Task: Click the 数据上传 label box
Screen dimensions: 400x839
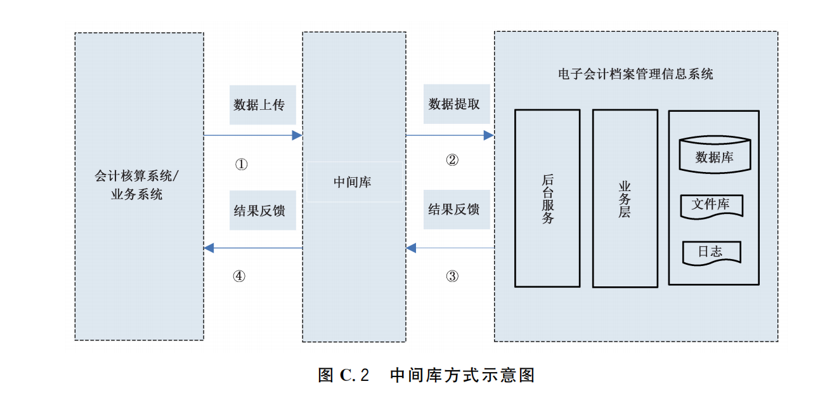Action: click(263, 105)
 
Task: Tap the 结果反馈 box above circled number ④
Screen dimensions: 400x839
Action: click(263, 210)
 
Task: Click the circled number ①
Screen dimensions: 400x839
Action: click(241, 164)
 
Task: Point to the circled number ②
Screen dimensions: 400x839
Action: click(452, 160)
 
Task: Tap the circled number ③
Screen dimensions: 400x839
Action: click(452, 276)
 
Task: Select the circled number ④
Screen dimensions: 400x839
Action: click(238, 276)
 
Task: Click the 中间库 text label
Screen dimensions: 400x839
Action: click(353, 182)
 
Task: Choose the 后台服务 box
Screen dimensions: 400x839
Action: click(547, 198)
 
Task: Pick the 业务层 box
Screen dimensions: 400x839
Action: click(625, 198)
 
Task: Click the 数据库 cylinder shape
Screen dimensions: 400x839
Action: click(714, 156)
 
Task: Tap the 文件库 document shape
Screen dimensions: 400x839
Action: click(711, 206)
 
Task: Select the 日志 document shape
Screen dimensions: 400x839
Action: click(711, 251)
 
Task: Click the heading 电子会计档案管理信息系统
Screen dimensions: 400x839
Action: click(635, 74)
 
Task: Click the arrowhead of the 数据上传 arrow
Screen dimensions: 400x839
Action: click(297, 135)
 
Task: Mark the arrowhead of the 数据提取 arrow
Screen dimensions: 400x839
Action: click(489, 135)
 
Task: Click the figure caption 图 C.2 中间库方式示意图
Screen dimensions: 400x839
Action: click(426, 375)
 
